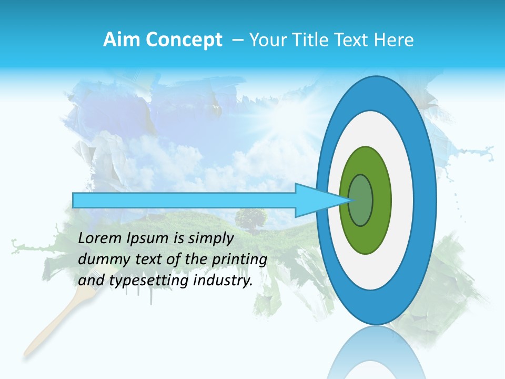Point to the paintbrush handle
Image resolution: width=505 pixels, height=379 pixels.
click(50, 326)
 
